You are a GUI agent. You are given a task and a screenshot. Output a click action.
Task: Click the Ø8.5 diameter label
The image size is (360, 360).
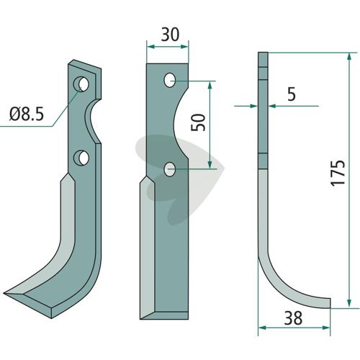[x=27, y=114]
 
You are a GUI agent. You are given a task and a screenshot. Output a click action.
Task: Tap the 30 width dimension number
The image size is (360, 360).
[x=170, y=35]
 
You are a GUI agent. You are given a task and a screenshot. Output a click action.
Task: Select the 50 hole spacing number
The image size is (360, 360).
[x=198, y=122]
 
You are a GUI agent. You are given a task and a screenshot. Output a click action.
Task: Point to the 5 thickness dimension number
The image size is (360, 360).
[x=292, y=94]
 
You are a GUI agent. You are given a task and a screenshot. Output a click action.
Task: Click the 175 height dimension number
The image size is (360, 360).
[x=338, y=173]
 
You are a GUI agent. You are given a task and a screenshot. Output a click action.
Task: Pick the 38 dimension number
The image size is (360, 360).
[x=293, y=318]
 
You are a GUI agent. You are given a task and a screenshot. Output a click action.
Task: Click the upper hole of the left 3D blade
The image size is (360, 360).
[x=81, y=84]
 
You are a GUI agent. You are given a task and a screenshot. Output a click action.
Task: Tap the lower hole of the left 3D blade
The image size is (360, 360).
[x=81, y=158]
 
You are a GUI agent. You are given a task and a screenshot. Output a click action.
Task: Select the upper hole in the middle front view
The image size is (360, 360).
[x=170, y=80]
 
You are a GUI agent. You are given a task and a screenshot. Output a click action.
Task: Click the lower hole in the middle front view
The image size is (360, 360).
[x=170, y=169]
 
